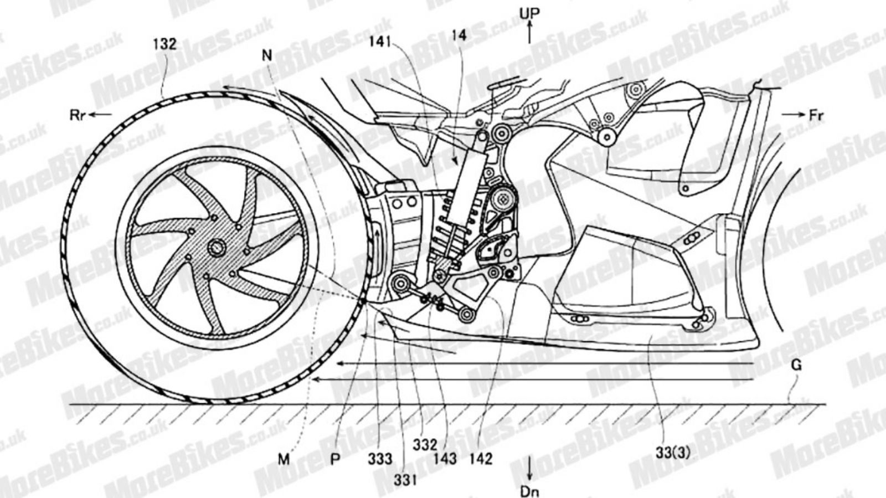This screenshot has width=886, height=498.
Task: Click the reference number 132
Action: coord(165,44)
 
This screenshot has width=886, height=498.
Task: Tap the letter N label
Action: coord(267,56)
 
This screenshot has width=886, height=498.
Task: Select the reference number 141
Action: coord(379,42)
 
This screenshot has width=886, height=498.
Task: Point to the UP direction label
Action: coord(529,14)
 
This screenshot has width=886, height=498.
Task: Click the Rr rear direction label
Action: coord(78,115)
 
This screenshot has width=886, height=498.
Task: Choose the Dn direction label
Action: coord(529,492)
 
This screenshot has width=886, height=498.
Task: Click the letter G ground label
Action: coord(797,365)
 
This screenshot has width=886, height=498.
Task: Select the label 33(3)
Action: coord(673,453)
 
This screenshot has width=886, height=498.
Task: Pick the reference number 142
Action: coord(481,459)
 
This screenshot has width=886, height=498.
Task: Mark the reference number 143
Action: coord(445,459)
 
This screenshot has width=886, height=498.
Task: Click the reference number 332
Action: coord(425,445)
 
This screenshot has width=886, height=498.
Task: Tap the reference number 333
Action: coord(380,459)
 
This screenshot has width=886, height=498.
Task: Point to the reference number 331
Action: coord(405,480)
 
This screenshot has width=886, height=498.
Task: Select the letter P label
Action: coord(335,459)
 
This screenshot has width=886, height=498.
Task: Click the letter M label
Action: coord(284,459)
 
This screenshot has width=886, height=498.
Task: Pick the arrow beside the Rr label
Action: coord(100,115)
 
